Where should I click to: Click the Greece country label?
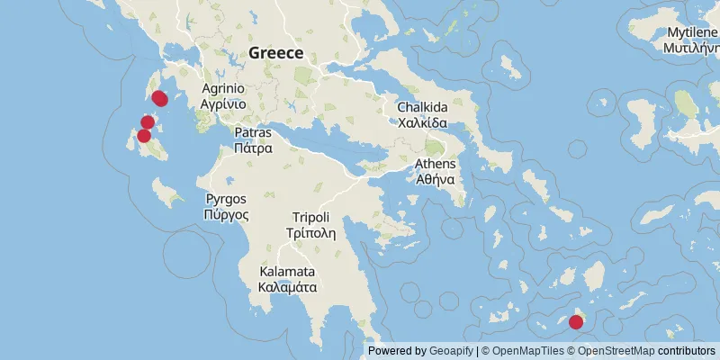click(x=276, y=52)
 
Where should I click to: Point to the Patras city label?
click(x=253, y=133)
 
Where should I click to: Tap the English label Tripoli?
click(x=310, y=217)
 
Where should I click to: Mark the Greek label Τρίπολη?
click(x=310, y=232)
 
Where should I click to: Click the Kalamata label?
click(x=287, y=272)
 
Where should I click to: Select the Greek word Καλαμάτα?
click(x=287, y=287)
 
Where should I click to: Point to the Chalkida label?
click(x=423, y=108)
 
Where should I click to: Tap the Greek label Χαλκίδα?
click(x=423, y=123)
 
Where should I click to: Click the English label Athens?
click(x=436, y=164)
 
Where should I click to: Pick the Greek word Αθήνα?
click(x=436, y=179)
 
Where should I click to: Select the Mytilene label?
click(x=692, y=32)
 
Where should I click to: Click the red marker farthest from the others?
click(x=576, y=321)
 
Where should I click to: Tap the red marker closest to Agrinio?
click(x=159, y=98)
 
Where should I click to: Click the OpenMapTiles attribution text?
click(x=527, y=351)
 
